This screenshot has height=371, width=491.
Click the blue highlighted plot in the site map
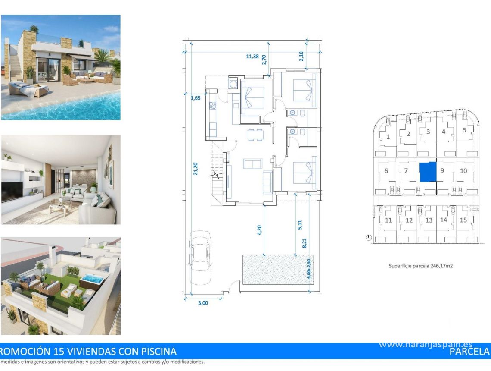pos(428,172)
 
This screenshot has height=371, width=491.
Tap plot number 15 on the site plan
pos(463,220)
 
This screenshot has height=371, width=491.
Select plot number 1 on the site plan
pos(388,137)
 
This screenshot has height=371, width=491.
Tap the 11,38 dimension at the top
pos(252,56)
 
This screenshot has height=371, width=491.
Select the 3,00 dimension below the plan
pos(202,303)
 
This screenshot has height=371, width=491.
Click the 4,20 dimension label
pos(259,230)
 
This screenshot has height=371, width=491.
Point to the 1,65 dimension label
pos(196,98)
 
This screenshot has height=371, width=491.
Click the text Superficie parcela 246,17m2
pos(420,266)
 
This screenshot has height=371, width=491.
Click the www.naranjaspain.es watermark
pos(426,344)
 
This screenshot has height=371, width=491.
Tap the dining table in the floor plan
pos(255,135)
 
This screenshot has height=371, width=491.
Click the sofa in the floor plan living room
pos(252,163)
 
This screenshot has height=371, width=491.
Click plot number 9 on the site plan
pos(442,170)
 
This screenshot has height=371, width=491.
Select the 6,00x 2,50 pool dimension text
pos(308,269)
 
